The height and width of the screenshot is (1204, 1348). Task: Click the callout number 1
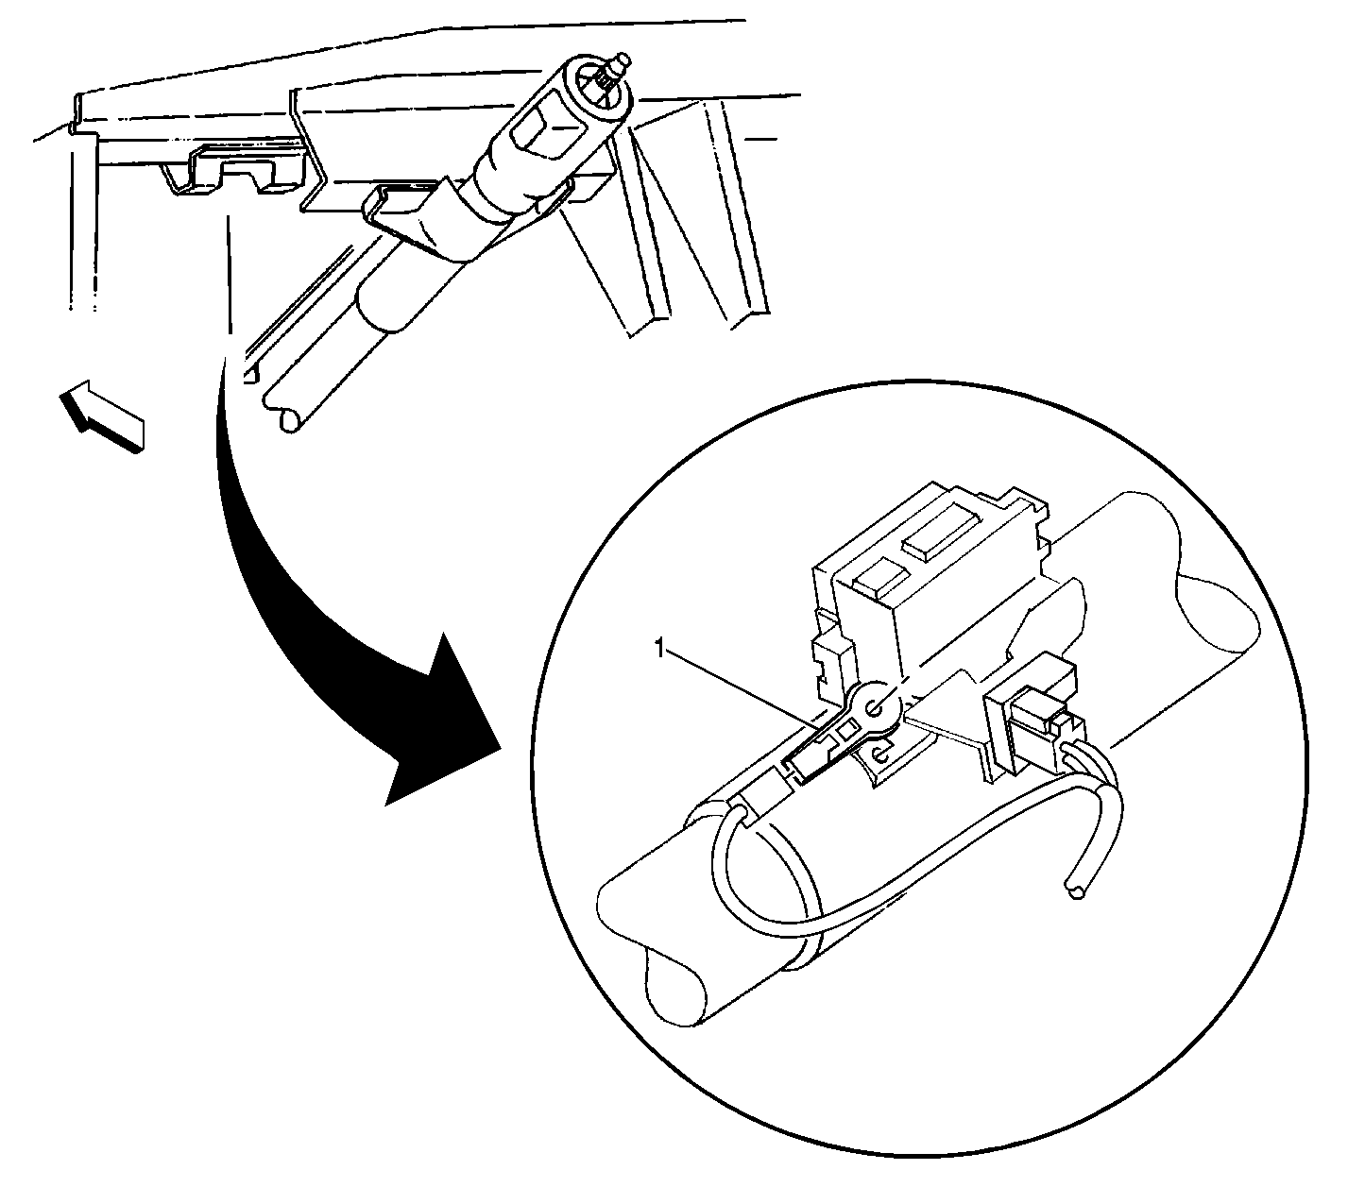(659, 649)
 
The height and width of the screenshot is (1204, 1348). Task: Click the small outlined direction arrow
(102, 415)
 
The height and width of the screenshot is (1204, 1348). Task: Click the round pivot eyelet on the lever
(876, 709)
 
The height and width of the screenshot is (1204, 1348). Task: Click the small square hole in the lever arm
(847, 733)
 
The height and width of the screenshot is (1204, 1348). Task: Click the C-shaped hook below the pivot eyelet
(879, 755)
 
